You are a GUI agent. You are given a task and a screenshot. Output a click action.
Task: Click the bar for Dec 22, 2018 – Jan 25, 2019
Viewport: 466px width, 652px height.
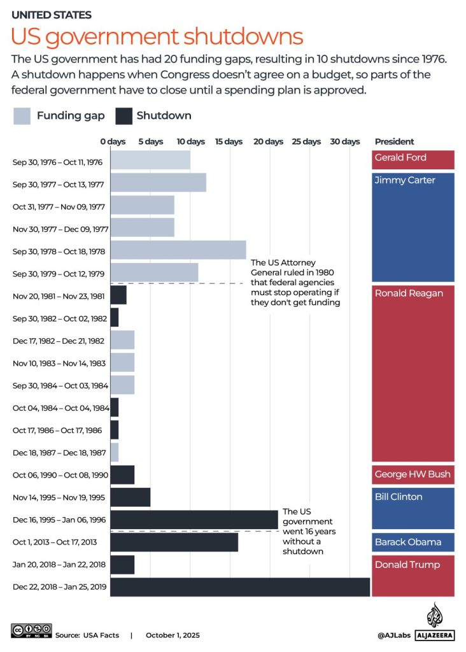click(240, 587)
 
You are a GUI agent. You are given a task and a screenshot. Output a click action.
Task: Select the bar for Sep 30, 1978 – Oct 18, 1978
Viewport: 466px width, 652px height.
click(178, 250)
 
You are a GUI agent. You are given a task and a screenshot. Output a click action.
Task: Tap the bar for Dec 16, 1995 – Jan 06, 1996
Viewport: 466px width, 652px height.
click(194, 520)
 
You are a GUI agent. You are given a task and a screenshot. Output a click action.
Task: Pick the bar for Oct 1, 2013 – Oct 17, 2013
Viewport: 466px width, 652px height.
click(174, 542)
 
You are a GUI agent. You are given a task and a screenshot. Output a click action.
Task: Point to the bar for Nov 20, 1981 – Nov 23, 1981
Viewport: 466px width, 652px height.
click(118, 295)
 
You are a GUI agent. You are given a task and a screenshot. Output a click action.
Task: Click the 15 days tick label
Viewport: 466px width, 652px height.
click(229, 141)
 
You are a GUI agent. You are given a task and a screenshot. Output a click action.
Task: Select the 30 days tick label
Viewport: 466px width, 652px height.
click(344, 141)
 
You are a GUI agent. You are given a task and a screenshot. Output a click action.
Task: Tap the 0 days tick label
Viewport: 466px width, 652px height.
click(113, 141)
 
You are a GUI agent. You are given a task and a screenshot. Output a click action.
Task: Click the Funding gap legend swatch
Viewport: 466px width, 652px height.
click(22, 116)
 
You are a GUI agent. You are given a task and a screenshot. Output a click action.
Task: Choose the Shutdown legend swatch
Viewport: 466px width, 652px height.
click(124, 116)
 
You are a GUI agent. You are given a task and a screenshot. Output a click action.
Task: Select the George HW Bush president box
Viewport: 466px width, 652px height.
click(413, 475)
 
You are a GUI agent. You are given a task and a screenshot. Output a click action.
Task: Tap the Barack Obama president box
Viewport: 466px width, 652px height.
click(413, 542)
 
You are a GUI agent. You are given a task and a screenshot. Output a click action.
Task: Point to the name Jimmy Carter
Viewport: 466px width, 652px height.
click(405, 180)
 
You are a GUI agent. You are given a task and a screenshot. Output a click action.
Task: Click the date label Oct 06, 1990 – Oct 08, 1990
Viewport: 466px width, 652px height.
click(60, 475)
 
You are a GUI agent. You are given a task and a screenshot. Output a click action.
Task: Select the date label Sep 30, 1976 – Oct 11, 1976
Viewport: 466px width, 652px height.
click(58, 162)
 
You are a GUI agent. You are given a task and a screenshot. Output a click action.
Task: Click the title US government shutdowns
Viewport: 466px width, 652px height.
click(157, 36)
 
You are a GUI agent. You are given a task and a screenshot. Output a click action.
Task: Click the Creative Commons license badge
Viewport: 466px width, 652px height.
click(30, 631)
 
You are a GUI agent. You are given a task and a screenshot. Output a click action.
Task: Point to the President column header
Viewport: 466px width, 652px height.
click(394, 141)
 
